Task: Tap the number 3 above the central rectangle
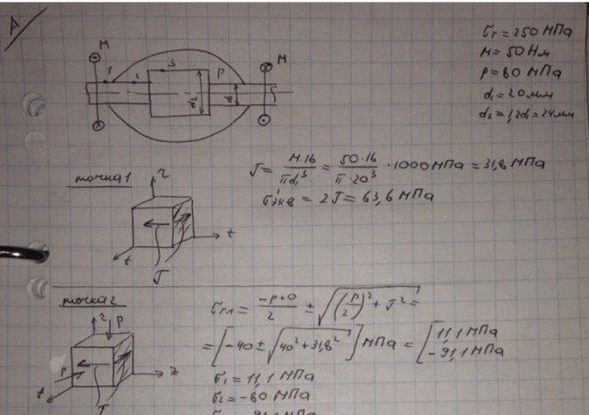(173, 63)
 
